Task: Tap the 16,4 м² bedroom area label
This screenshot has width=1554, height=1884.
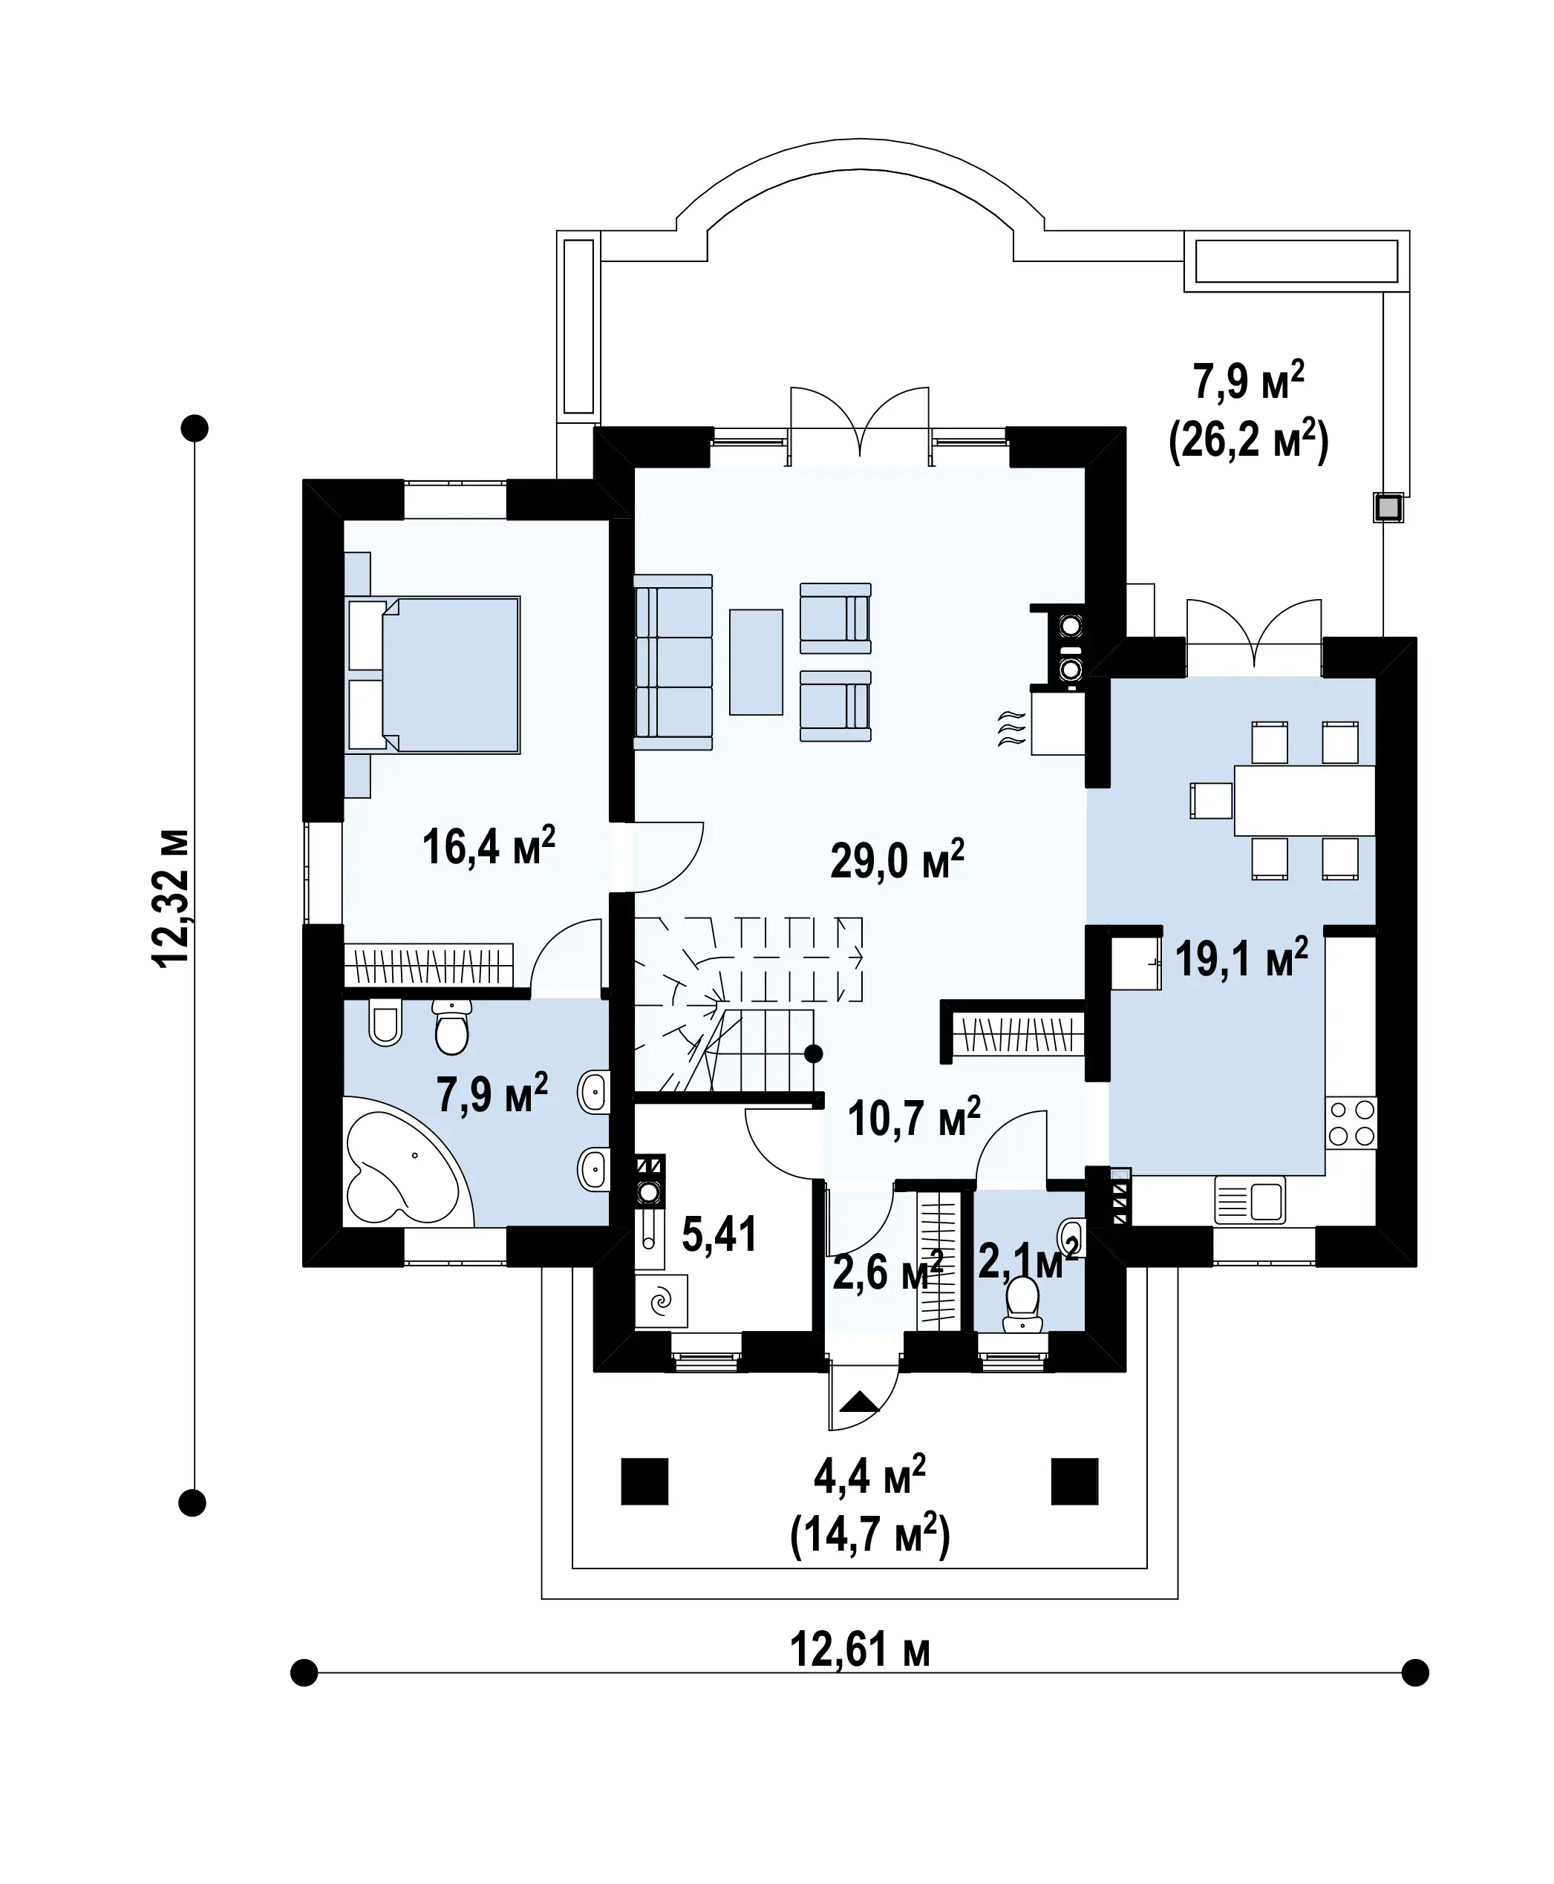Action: pyautogui.click(x=489, y=845)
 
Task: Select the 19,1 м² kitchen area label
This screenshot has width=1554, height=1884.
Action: pyautogui.click(x=1241, y=958)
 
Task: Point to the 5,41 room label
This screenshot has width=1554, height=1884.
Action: pyautogui.click(x=719, y=1234)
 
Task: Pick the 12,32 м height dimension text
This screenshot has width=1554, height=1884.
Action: pyautogui.click(x=171, y=897)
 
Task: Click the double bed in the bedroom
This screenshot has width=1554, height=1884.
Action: pyautogui.click(x=434, y=675)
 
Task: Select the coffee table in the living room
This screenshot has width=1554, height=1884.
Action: pyautogui.click(x=757, y=661)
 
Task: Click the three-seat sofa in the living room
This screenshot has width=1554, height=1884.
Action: pyautogui.click(x=673, y=661)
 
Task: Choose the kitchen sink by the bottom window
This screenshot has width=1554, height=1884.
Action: pyautogui.click(x=1250, y=1200)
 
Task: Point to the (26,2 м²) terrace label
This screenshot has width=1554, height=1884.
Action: pyautogui.click(x=1249, y=441)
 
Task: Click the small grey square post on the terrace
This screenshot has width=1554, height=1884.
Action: pyautogui.click(x=1388, y=508)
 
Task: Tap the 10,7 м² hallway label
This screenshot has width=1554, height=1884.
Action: pyautogui.click(x=914, y=1117)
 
